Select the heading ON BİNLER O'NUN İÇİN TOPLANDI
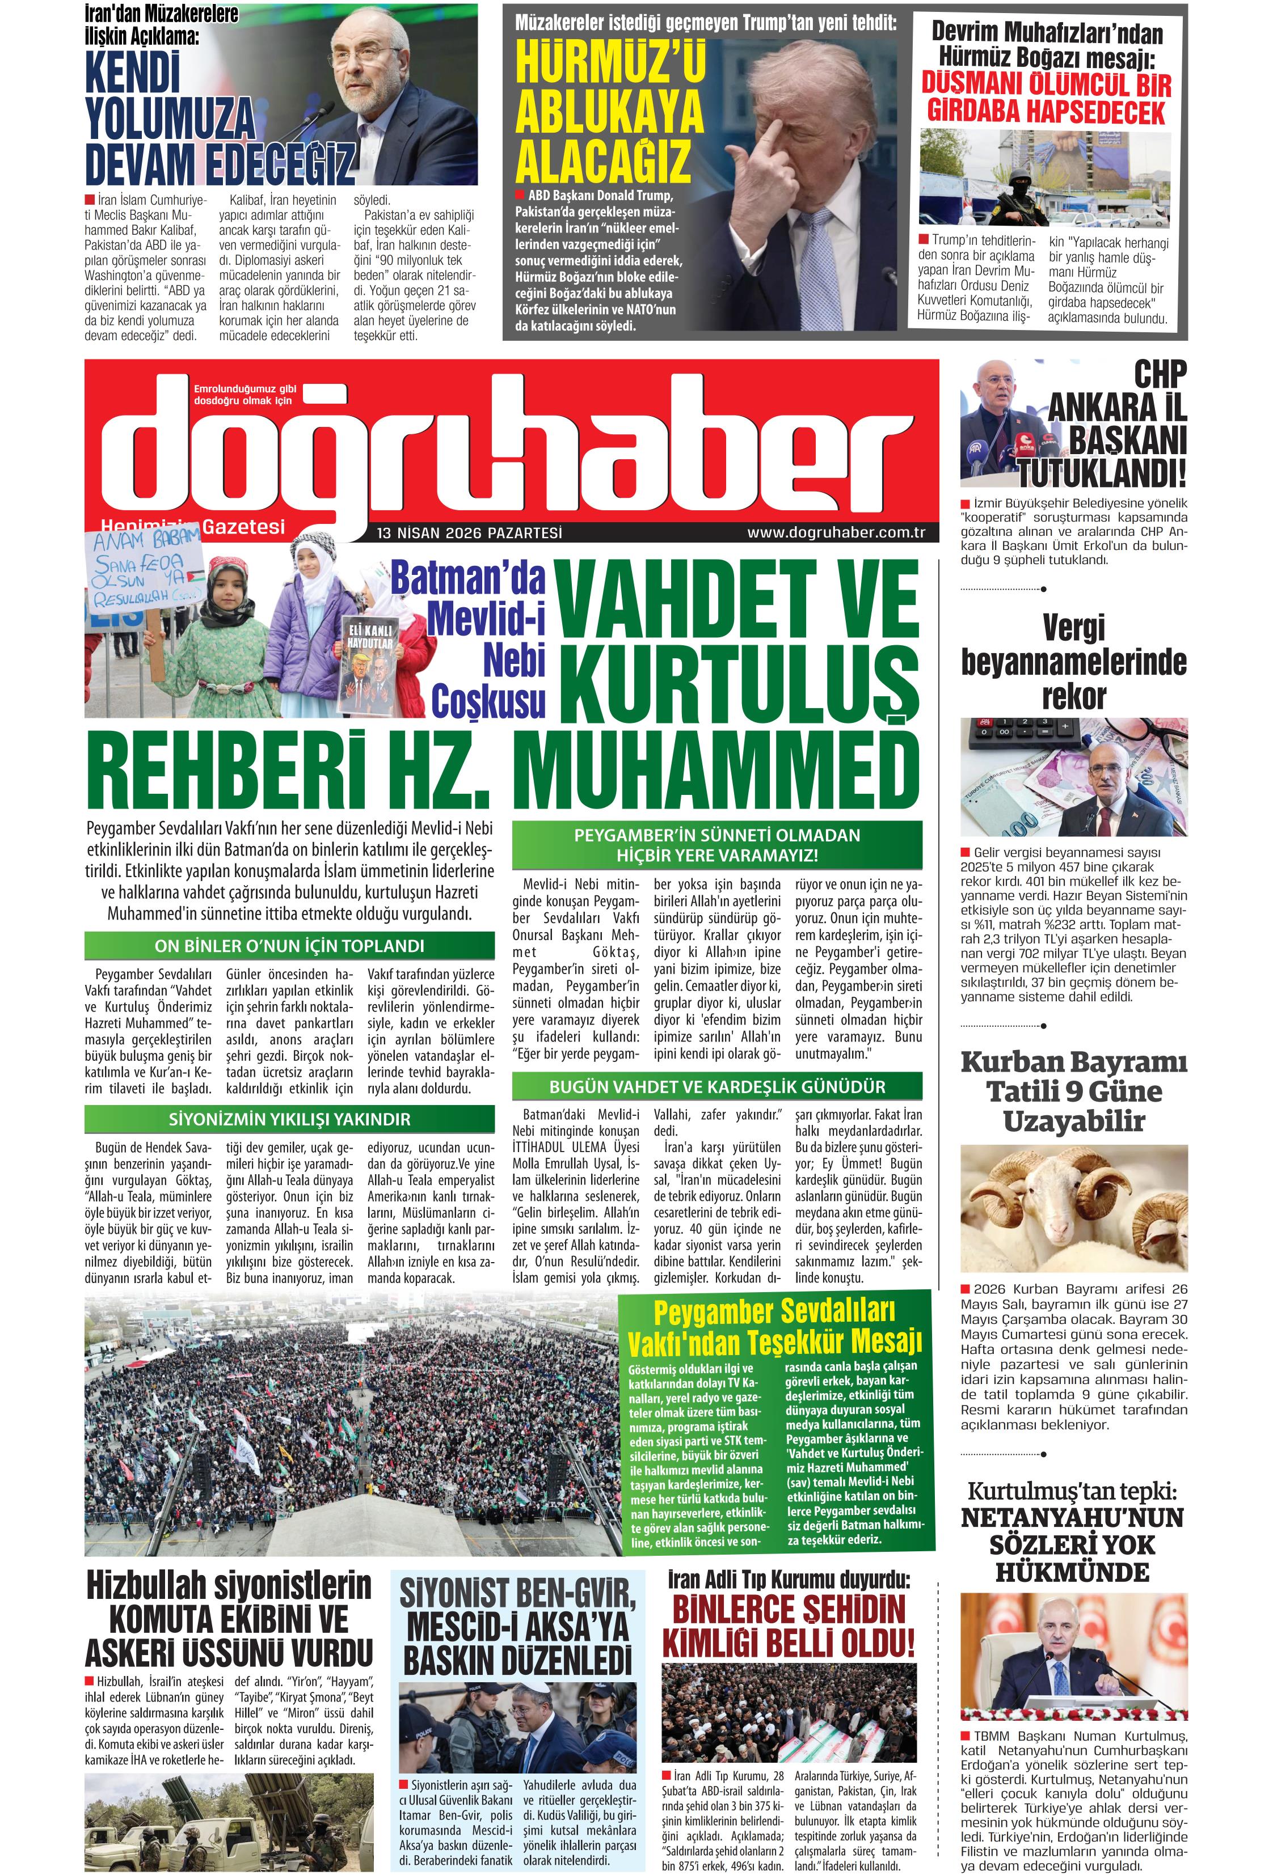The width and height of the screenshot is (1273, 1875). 289,946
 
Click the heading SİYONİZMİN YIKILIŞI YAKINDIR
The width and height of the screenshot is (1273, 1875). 289,1119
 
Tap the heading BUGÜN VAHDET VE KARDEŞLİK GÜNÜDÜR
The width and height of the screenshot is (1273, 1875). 717,1087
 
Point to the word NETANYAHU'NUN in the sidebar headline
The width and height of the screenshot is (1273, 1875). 1073,1518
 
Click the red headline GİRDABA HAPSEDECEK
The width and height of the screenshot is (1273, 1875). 1046,111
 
